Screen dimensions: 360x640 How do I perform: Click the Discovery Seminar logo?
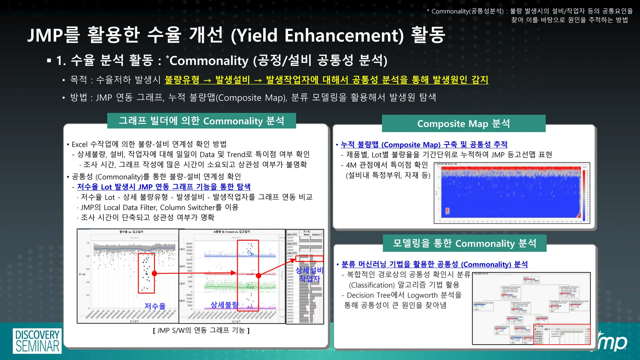(x=37, y=341)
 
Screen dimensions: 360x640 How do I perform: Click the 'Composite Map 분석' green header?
(x=463, y=123)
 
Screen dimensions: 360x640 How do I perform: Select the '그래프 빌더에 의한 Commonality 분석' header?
(x=202, y=121)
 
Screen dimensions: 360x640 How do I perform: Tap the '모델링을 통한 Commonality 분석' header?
(x=464, y=243)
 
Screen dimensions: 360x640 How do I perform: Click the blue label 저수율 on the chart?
(x=155, y=306)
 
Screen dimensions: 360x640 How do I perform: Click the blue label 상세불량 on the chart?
(x=224, y=305)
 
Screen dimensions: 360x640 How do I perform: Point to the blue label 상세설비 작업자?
(x=309, y=274)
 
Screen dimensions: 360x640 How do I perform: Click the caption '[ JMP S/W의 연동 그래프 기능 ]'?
(x=201, y=330)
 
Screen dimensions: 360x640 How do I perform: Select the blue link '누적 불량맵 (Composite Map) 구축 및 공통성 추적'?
(x=424, y=144)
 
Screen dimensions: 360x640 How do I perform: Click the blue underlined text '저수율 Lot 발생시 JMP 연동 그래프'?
(x=164, y=187)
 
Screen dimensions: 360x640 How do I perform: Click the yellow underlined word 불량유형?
(x=182, y=80)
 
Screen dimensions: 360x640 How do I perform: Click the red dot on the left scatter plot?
(x=154, y=273)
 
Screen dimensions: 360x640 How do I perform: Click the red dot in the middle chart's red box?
(x=258, y=276)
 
